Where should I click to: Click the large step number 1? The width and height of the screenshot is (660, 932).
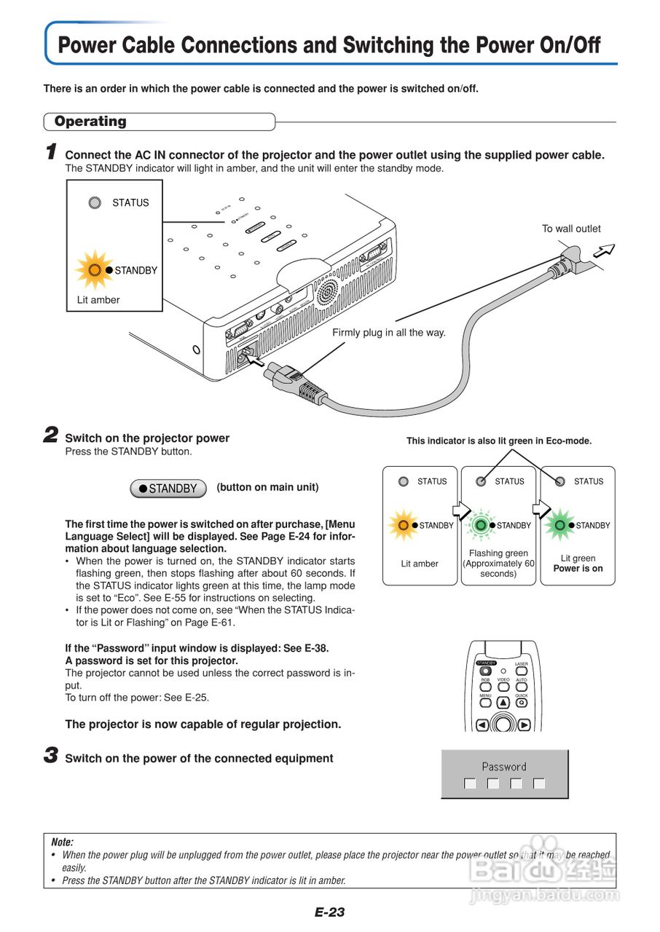point(51,152)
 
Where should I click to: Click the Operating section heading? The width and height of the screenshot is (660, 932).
point(90,122)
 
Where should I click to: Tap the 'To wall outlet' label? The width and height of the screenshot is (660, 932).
point(571,229)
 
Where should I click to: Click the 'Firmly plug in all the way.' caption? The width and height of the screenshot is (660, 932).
point(388,333)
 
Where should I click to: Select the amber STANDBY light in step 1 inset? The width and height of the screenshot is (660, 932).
point(95,270)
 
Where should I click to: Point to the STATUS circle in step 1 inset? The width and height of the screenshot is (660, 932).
point(95,203)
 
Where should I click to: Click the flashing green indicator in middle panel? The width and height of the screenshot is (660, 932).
point(481,525)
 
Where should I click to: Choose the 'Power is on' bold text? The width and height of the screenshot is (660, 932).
point(578,569)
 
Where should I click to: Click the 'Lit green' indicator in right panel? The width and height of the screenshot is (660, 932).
point(559,525)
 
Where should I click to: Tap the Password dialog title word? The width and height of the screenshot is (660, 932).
point(504,767)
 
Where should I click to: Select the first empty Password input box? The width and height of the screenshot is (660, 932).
point(470,783)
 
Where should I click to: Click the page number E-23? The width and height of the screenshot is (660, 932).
point(329,912)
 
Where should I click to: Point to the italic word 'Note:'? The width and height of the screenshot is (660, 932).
point(63,842)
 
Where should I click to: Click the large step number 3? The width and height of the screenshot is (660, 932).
point(51,756)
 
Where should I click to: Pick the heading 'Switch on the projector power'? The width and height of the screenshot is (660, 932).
point(147,438)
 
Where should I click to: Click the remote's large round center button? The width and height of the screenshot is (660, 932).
point(502,724)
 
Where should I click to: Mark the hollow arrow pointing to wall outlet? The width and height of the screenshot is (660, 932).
point(604,252)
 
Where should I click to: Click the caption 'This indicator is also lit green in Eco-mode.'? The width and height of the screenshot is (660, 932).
point(499,441)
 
